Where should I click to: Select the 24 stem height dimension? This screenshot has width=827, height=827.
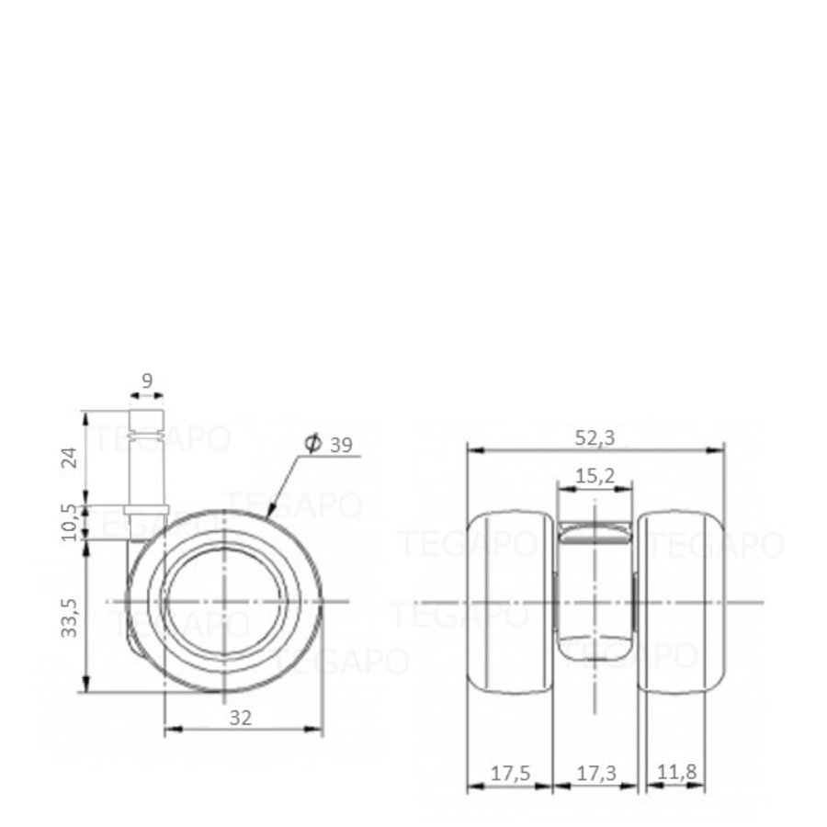click(68, 457)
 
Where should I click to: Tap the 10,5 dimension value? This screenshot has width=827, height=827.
click(68, 521)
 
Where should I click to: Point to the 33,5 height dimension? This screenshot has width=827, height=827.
click(68, 617)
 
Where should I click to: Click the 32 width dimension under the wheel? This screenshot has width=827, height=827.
click(241, 719)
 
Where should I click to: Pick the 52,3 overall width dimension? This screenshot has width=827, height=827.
click(595, 438)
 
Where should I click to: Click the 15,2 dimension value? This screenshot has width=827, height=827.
click(595, 475)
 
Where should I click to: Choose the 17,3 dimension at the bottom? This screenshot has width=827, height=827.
click(595, 774)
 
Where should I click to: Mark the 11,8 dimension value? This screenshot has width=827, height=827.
click(677, 774)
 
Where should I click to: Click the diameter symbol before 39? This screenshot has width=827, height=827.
click(312, 445)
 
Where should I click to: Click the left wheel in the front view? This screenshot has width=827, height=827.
click(510, 602)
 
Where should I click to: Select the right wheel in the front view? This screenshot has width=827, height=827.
click(681, 602)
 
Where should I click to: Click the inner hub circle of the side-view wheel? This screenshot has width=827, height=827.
click(225, 602)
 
